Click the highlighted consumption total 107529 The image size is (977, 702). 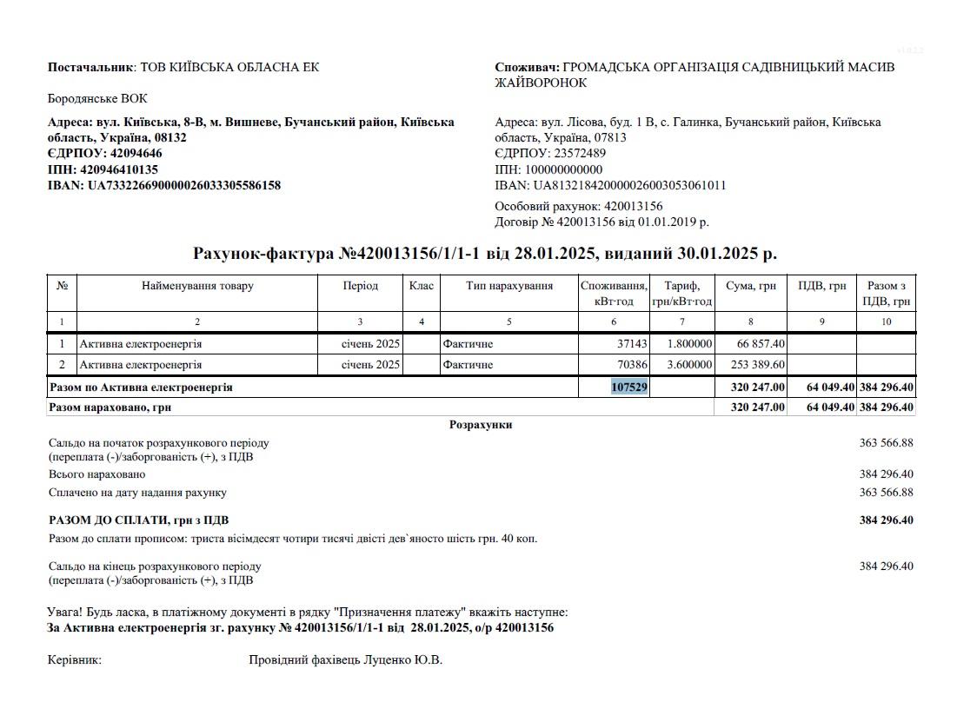629,387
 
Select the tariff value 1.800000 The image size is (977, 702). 690,344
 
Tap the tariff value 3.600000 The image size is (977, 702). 690,365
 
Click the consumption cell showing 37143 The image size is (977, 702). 629,344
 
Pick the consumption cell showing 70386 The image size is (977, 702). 629,365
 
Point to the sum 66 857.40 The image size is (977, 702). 761,344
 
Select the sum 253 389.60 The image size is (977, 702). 755,365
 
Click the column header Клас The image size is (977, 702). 422,287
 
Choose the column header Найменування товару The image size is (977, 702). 197,287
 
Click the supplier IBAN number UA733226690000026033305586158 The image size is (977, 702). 184,185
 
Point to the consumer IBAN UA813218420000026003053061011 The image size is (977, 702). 629,185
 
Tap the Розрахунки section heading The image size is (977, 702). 481,425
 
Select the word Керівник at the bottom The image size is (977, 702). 75,660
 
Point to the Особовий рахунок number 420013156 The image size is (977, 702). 631,207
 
